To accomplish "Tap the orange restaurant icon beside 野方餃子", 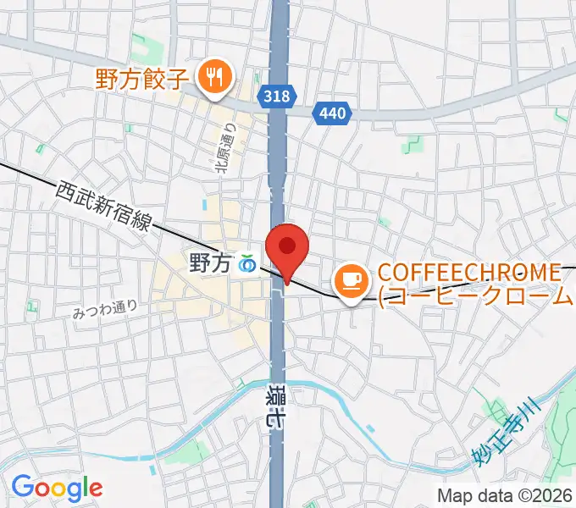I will [211, 79].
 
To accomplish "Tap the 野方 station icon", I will [247, 264].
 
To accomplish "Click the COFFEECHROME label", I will [469, 273].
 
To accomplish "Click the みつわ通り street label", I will [105, 310].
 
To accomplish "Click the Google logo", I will [57, 488].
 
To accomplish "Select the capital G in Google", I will [21, 487].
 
